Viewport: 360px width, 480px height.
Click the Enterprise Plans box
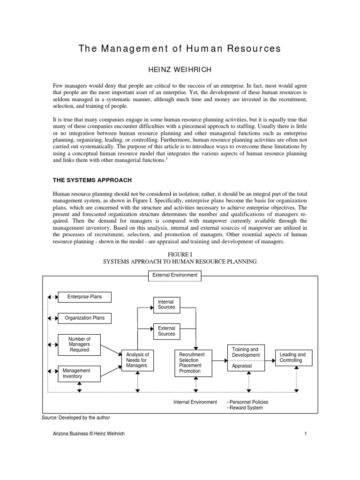84,297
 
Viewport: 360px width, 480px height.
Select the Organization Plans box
84,318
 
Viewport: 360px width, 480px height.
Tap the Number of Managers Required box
79,344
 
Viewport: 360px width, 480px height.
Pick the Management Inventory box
79,373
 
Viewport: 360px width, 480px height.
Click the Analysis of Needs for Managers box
137,360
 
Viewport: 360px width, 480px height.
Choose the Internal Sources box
166,305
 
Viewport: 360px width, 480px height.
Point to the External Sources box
166,331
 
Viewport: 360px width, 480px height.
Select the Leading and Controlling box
292,358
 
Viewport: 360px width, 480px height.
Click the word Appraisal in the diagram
242,366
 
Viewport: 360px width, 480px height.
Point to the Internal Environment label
195,402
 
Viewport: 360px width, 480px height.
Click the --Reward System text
244,408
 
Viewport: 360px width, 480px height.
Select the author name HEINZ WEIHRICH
180,69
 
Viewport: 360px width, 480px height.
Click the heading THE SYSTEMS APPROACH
92,180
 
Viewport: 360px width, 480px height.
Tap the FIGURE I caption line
180,254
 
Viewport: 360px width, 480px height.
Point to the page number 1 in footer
305,434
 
